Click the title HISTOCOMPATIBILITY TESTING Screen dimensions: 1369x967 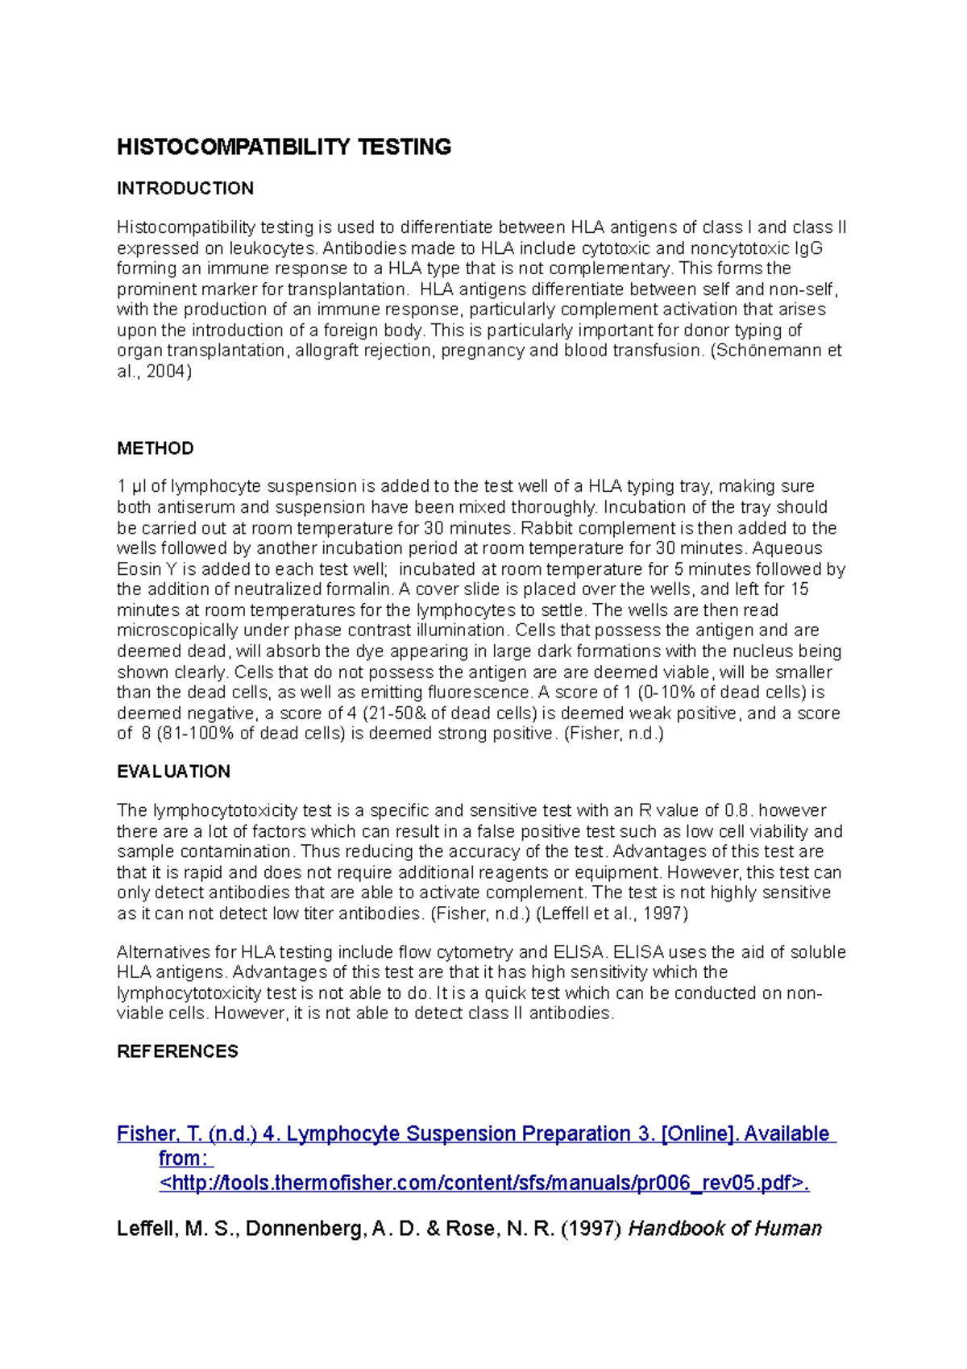click(284, 147)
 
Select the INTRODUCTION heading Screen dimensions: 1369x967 click(185, 189)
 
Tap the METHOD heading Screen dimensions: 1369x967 click(155, 448)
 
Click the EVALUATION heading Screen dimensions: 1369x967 click(173, 772)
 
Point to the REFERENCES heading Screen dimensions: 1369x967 click(177, 1051)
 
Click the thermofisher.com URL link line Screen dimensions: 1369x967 click(483, 1183)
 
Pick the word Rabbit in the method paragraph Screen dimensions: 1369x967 click(545, 528)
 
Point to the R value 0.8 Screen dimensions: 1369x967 click(736, 811)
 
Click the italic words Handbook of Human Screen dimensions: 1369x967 click(724, 1229)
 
